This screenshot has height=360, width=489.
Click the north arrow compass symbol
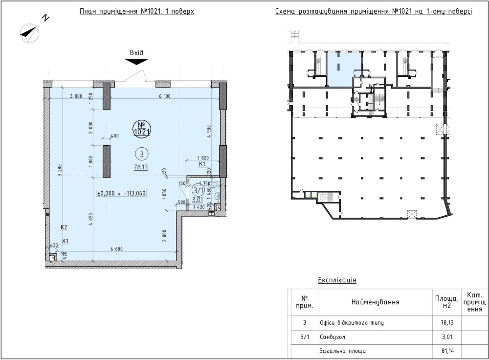pos(30,33)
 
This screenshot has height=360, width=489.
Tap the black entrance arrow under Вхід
pos(136,62)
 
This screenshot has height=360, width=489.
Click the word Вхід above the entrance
pos(136,53)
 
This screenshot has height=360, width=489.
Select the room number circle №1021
pos(142,128)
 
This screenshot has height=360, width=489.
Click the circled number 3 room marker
pos(142,154)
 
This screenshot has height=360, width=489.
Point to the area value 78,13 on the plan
pos(141,167)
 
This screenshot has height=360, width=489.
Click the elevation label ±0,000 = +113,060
pos(122,193)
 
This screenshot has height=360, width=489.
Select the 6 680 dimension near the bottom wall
pos(117,249)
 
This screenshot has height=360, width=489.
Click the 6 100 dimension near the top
pos(165,96)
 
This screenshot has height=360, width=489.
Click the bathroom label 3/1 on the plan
pos(198,190)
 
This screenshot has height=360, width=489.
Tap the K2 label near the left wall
pos(64,227)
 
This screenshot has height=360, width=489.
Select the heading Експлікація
pos(337,280)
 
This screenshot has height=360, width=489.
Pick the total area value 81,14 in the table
pos(447,351)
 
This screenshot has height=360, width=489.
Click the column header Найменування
pos(375,302)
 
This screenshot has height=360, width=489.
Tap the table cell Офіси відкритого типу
pos(352,323)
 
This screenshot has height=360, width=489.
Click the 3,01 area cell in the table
pos(447,337)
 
